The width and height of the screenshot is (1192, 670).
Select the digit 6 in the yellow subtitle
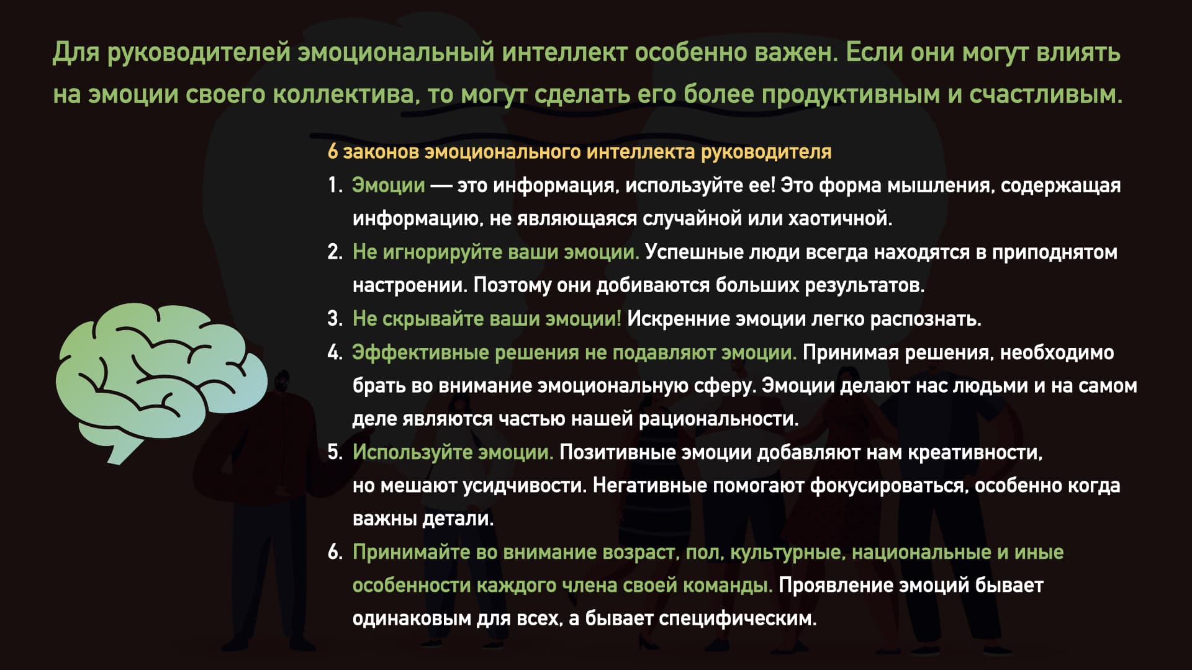pyautogui.click(x=333, y=151)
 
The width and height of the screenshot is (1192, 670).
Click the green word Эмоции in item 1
pyautogui.click(x=389, y=185)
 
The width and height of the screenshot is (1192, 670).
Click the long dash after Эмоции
pyautogui.click(x=441, y=185)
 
